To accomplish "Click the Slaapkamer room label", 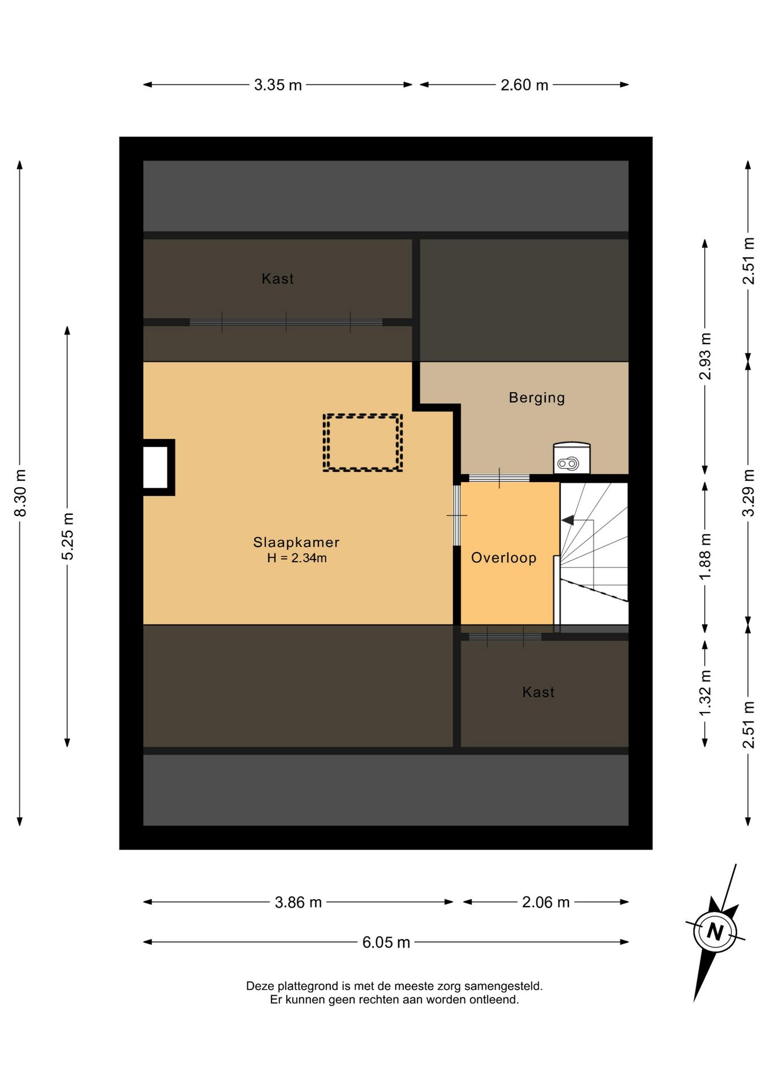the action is click(296, 542).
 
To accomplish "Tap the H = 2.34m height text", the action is click(297, 558).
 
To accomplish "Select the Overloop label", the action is click(504, 558).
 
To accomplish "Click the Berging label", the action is click(537, 398).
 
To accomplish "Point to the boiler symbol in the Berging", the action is click(571, 458).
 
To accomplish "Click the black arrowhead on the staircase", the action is click(567, 520).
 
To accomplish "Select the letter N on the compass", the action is click(715, 930).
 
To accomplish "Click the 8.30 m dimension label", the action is click(20, 493).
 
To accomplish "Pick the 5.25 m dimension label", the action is click(68, 536).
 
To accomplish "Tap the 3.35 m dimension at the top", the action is click(278, 85).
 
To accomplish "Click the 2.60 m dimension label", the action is click(524, 85).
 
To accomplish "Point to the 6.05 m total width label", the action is click(386, 942).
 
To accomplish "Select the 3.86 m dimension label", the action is click(298, 902).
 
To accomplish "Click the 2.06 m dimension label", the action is click(546, 902).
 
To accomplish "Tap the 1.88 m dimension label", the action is click(705, 556).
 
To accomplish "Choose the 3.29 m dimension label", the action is click(749, 493).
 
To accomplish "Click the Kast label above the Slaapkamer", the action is click(278, 279).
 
